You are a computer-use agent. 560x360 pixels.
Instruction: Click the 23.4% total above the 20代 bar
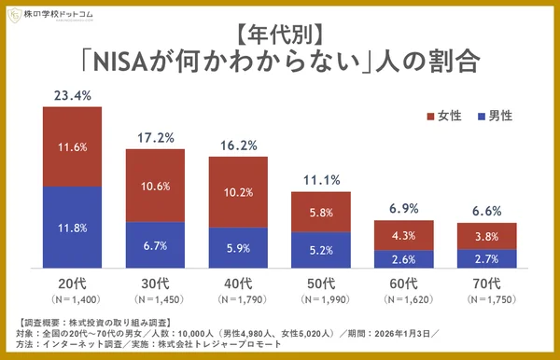(x=72, y=94)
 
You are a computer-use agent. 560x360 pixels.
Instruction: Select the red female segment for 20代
(x=72, y=146)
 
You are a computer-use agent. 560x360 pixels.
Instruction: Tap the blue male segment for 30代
(x=155, y=244)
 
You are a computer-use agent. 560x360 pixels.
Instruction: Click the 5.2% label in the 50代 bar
(x=321, y=250)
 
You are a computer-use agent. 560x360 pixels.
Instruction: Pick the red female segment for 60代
(x=404, y=235)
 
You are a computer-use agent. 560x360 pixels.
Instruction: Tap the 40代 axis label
(x=238, y=283)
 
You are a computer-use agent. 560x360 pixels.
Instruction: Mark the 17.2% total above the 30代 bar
(x=155, y=137)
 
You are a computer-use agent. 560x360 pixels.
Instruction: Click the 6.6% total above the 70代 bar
(x=487, y=211)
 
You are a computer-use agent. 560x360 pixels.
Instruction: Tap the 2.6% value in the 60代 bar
(x=404, y=258)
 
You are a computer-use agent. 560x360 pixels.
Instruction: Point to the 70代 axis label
(x=487, y=283)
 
